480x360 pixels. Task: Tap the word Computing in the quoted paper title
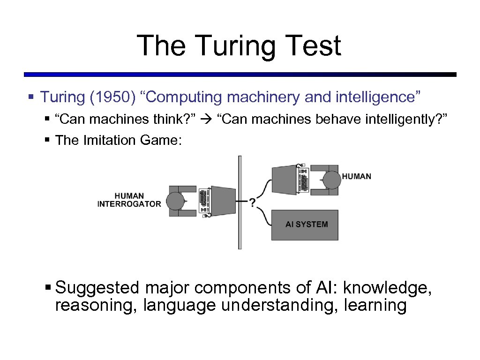click(x=186, y=97)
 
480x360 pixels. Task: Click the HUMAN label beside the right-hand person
click(x=356, y=176)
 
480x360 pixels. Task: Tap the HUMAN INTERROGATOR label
click(x=129, y=200)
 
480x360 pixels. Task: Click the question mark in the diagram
click(x=253, y=202)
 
